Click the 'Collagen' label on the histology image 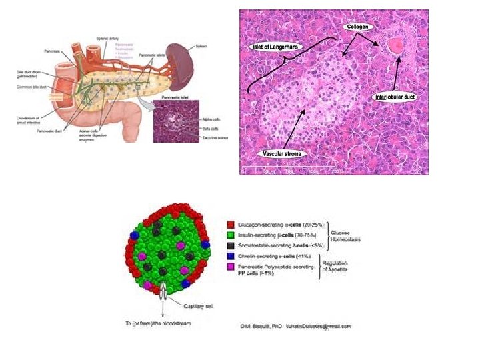pyautogui.click(x=357, y=27)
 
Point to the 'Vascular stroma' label pyautogui.click(x=282, y=154)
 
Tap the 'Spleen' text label pyautogui.click(x=203, y=46)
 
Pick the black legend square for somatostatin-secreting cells pyautogui.click(x=230, y=246)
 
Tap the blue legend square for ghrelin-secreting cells pyautogui.click(x=230, y=257)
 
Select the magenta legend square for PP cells pyautogui.click(x=230, y=267)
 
